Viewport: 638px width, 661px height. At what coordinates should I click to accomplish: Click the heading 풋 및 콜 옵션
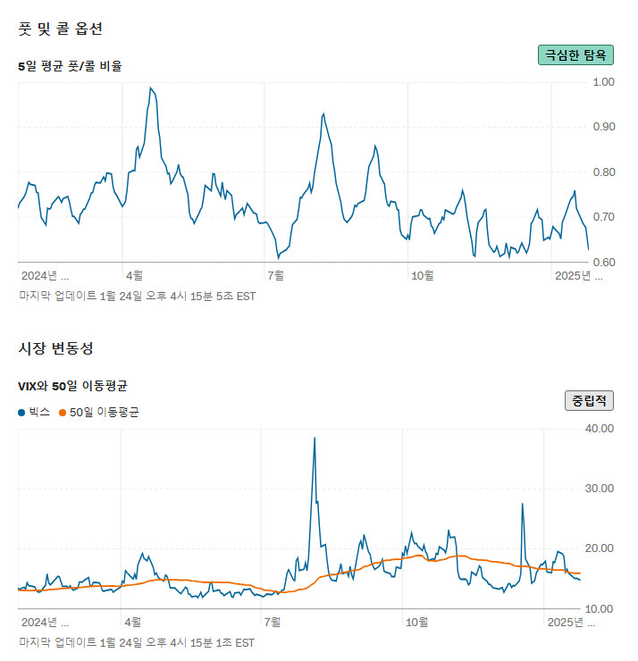click(x=61, y=29)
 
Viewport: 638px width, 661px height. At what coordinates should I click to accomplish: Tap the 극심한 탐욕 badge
click(x=575, y=54)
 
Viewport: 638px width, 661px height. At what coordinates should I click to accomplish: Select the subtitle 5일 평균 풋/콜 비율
click(x=70, y=65)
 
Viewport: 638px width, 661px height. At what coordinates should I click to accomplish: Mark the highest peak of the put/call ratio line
click(x=151, y=88)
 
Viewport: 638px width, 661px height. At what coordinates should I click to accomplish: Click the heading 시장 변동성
click(x=55, y=347)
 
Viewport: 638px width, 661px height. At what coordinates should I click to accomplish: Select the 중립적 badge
click(x=589, y=400)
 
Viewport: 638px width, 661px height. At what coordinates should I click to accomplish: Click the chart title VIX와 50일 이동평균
click(x=73, y=386)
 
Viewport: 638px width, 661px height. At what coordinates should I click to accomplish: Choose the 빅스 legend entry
click(x=34, y=412)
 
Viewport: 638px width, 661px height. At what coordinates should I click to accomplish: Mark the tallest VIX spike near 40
click(x=315, y=438)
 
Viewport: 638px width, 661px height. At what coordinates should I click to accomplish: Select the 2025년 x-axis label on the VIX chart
click(x=575, y=621)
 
